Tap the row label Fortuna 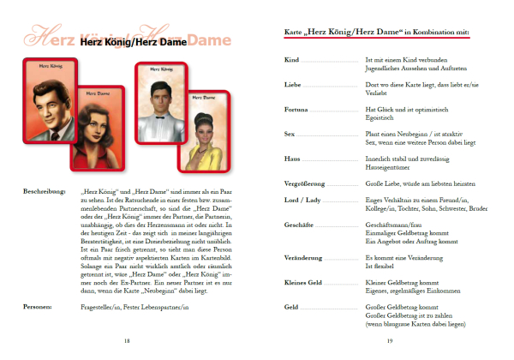(296, 111)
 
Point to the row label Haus (292, 159)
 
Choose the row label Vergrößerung (304, 183)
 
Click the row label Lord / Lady (301, 199)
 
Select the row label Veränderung (303, 257)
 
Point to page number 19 (389, 341)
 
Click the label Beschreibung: (44, 191)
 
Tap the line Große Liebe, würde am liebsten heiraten (412, 183)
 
